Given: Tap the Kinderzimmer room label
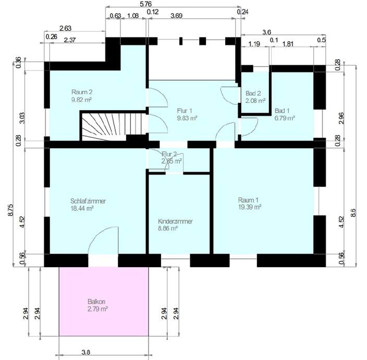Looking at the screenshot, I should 175,221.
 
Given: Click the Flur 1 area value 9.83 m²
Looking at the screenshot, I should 187,118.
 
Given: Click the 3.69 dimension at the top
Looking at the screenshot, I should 192,16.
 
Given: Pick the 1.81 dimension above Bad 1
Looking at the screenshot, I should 288,44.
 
